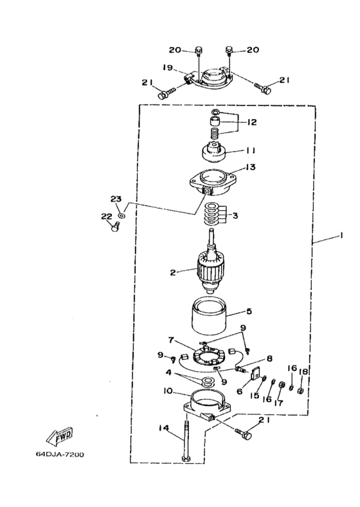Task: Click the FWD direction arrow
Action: (60, 435)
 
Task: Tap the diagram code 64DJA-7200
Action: (60, 454)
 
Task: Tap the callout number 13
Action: (251, 167)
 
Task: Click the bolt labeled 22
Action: (115, 227)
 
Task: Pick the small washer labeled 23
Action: (122, 215)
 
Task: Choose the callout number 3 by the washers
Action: (235, 216)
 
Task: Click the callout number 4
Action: (168, 372)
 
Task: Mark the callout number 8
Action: (269, 358)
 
